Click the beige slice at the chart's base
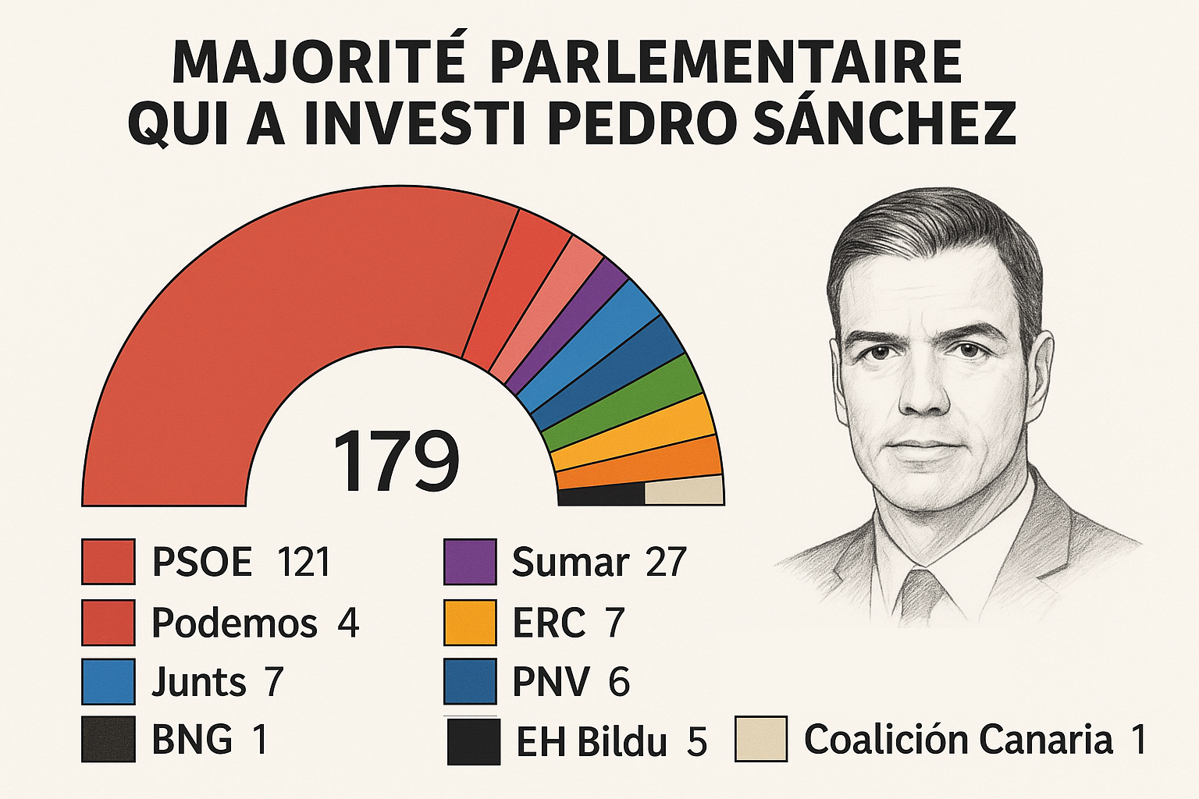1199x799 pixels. [684, 492]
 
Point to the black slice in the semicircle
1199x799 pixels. [601, 495]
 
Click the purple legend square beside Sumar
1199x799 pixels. [470, 562]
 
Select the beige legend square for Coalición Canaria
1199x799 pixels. [760, 739]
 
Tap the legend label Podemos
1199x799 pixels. [234, 623]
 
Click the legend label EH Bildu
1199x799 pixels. [592, 741]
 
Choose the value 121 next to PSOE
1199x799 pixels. [304, 562]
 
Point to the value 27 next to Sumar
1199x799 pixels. [665, 562]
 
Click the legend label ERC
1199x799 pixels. [548, 623]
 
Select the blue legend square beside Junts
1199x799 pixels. [109, 681]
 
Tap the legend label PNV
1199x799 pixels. [550, 681]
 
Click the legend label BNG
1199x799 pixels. [192, 739]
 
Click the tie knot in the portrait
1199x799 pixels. [922, 588]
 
